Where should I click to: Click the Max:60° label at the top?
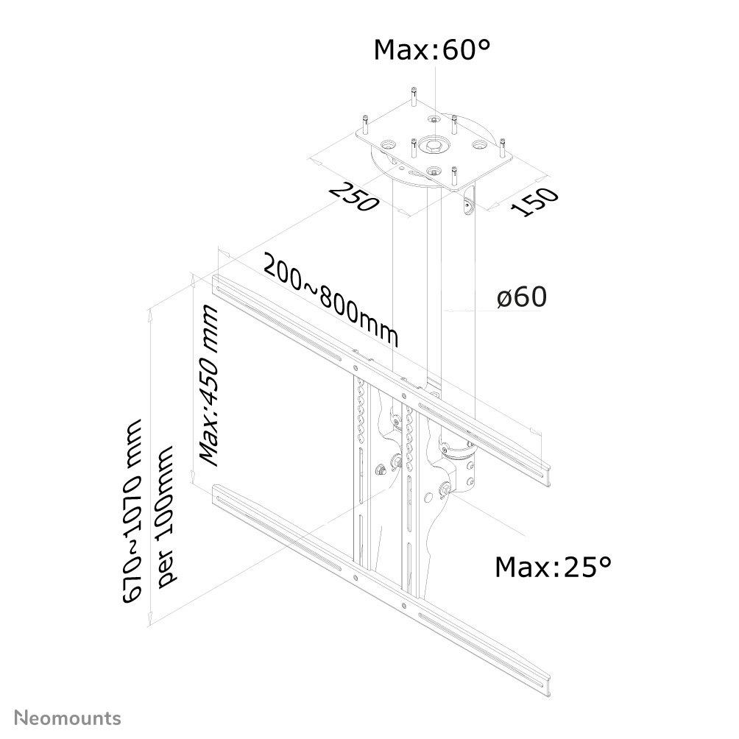click(x=431, y=50)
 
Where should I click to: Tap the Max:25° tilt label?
click(x=553, y=567)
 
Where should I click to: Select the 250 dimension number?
click(x=354, y=197)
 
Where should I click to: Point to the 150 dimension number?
click(x=535, y=202)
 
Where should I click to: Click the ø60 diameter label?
click(x=521, y=297)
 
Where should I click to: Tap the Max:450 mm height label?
click(x=210, y=386)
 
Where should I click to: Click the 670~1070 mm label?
click(x=133, y=512)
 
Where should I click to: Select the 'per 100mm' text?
click(x=169, y=515)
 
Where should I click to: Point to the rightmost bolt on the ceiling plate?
click(x=503, y=148)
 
